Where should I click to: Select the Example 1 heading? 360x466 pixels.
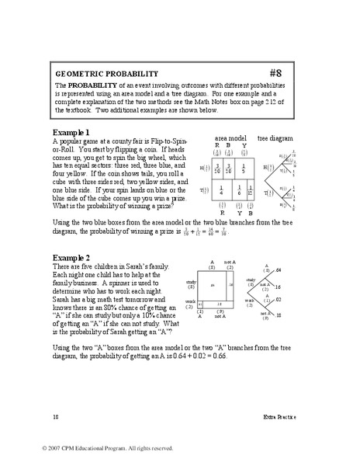pos(71,131)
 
